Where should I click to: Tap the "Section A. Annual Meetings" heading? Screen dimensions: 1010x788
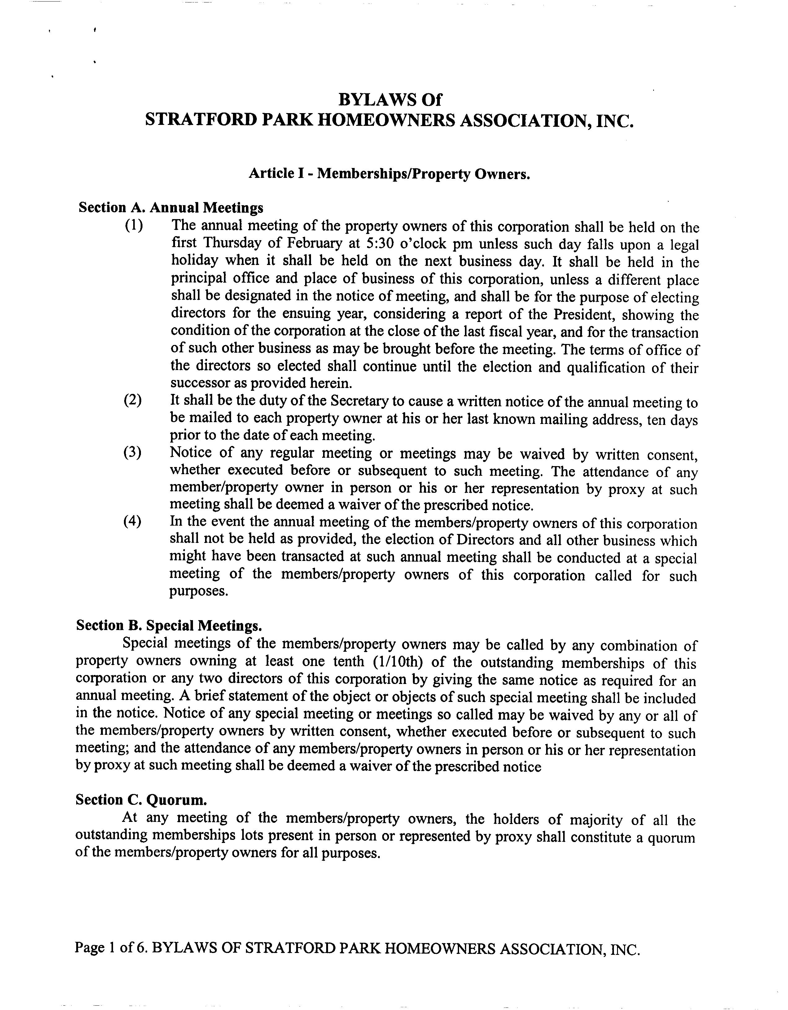point(171,208)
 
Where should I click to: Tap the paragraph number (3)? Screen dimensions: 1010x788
point(132,452)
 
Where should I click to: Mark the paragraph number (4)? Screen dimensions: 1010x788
point(132,521)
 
